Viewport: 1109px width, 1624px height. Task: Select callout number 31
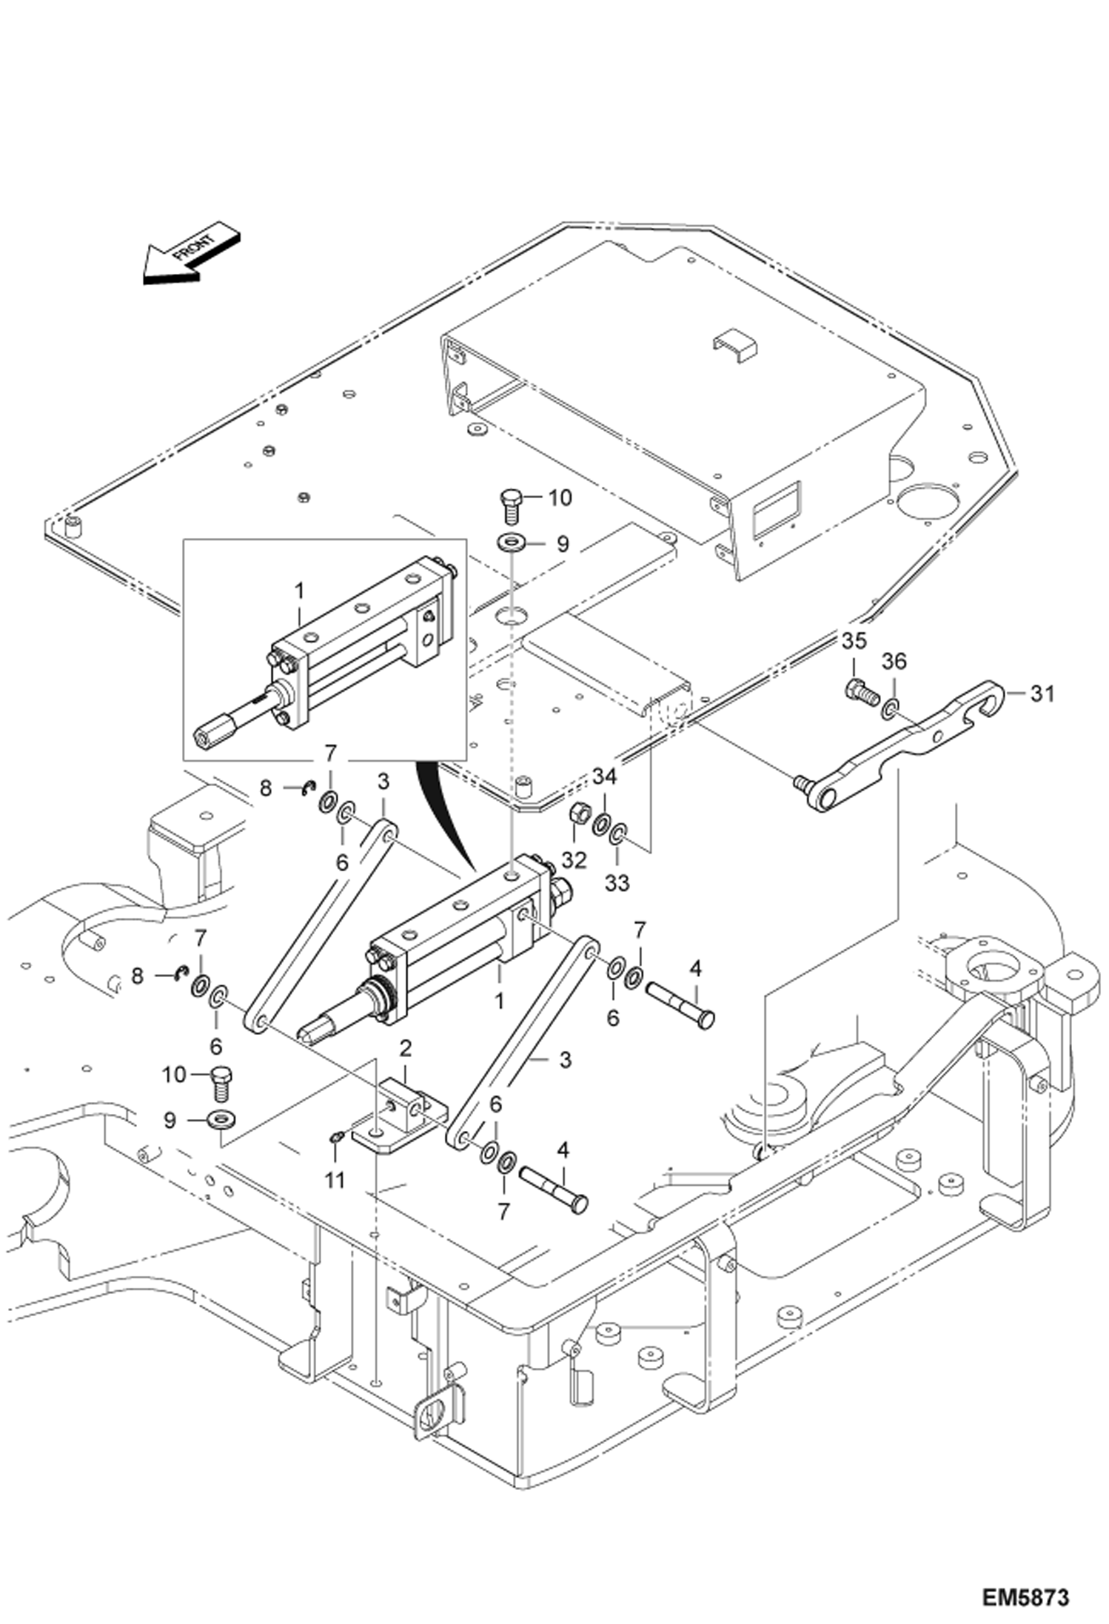click(1042, 694)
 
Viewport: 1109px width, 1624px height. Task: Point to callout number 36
click(894, 661)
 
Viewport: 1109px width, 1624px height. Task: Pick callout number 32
click(574, 859)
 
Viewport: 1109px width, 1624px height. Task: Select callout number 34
click(604, 777)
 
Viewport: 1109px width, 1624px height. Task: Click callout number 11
click(335, 1180)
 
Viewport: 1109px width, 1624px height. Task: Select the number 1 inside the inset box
click(299, 591)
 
